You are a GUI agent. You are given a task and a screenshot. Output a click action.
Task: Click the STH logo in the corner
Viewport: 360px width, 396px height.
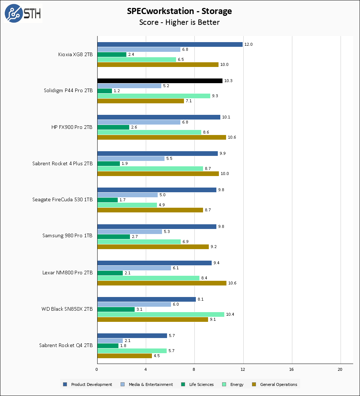click(x=22, y=13)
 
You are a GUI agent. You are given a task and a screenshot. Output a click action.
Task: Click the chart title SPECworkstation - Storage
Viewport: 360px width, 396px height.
click(x=179, y=11)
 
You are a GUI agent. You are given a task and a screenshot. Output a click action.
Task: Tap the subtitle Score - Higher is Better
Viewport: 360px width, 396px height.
click(x=179, y=22)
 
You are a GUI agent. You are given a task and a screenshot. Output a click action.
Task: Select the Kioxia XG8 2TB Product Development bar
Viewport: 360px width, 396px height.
click(x=170, y=44)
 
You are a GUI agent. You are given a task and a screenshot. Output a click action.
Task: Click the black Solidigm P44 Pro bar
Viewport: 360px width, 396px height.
click(x=159, y=81)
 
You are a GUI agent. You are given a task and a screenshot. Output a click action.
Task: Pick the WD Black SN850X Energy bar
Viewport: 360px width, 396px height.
click(x=161, y=314)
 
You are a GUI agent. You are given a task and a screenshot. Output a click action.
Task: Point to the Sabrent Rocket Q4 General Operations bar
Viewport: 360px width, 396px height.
click(x=124, y=356)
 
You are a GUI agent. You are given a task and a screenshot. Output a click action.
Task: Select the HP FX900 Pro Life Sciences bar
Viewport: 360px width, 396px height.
click(x=113, y=127)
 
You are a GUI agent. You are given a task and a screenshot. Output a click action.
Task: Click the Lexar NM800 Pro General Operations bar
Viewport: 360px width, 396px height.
click(x=162, y=283)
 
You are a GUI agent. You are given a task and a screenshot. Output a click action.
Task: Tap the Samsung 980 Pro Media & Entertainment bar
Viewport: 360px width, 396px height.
click(x=129, y=231)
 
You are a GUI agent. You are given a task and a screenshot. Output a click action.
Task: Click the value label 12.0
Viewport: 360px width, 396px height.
click(x=248, y=44)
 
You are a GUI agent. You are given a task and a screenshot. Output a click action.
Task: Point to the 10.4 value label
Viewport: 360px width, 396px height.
click(x=230, y=314)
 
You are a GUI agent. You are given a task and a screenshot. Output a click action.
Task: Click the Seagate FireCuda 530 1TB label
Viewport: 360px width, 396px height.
click(x=62, y=199)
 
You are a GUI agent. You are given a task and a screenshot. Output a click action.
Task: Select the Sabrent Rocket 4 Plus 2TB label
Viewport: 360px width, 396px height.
click(x=62, y=163)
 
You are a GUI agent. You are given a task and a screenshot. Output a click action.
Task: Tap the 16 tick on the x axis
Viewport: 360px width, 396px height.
click(x=292, y=369)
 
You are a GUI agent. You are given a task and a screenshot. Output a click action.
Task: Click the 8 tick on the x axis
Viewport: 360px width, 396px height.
click(x=194, y=369)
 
